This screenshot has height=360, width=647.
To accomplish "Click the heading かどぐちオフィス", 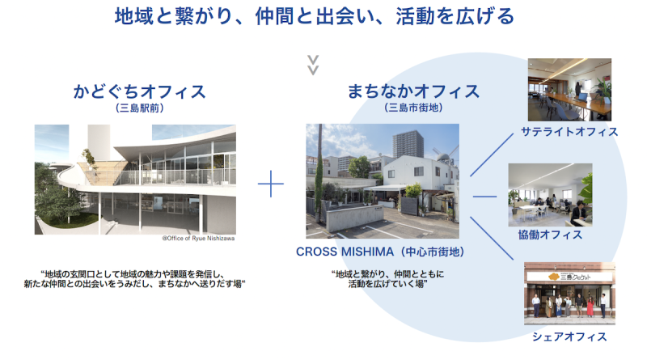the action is [x=139, y=91].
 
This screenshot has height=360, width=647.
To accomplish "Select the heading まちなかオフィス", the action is [x=413, y=91].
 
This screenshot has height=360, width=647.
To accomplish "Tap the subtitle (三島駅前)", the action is [x=139, y=108].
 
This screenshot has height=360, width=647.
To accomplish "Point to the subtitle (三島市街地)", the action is [x=413, y=108].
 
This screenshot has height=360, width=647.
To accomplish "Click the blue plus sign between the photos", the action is [x=271, y=184].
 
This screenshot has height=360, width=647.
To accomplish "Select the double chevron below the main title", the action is [x=313, y=66].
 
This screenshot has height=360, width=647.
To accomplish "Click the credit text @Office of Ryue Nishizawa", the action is [x=198, y=238].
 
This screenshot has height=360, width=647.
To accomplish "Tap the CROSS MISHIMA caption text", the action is [x=380, y=252].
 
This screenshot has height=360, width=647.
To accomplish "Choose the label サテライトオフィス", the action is [x=569, y=132].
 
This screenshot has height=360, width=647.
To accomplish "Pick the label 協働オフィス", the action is [x=550, y=235].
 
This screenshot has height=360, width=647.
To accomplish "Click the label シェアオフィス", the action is [x=569, y=337].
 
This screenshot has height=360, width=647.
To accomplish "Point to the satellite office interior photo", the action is [x=569, y=90].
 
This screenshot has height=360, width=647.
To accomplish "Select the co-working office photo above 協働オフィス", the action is [x=550, y=195].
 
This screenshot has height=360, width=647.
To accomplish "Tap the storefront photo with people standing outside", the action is [x=569, y=294].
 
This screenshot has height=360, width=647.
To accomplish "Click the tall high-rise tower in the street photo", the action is [x=408, y=144].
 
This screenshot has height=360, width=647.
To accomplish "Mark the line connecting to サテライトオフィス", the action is [x=492, y=155].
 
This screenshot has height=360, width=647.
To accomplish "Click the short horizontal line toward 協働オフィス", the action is [x=484, y=197].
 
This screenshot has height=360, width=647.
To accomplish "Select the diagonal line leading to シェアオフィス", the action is [x=492, y=238].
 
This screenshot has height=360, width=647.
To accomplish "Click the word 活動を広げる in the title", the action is [x=455, y=17].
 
